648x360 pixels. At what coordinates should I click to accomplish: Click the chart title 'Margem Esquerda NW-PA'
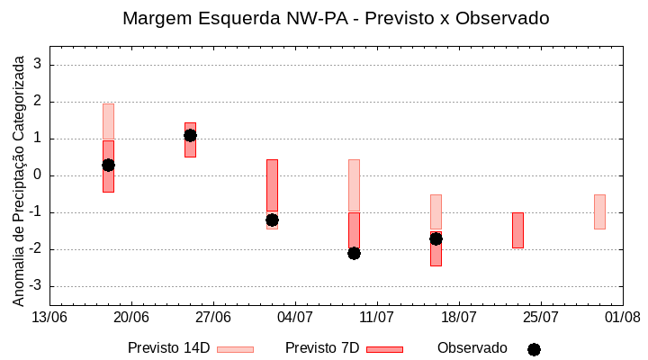(335, 18)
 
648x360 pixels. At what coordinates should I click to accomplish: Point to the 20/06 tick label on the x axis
(131, 318)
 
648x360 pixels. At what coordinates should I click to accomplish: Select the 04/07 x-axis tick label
(295, 318)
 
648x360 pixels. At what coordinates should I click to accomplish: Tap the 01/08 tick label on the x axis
(622, 318)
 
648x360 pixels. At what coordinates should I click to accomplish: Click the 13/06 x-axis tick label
(49, 318)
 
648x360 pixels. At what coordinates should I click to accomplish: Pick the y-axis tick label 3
(39, 65)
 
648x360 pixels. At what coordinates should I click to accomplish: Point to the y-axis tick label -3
(36, 286)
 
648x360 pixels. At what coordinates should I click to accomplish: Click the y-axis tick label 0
(39, 175)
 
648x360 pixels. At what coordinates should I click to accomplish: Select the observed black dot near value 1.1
(190, 135)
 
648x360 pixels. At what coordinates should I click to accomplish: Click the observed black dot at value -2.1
(354, 253)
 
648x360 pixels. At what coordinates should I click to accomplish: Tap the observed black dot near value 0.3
(108, 165)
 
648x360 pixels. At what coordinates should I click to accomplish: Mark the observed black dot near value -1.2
(272, 220)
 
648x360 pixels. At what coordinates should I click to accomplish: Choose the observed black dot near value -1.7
(436, 238)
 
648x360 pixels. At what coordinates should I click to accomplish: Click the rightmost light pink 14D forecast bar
(599, 211)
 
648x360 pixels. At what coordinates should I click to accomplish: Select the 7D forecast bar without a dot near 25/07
(517, 229)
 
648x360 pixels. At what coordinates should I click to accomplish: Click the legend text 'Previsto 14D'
(168, 348)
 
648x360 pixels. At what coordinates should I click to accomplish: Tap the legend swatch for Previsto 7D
(384, 349)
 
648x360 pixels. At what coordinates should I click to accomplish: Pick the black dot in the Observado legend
(534, 349)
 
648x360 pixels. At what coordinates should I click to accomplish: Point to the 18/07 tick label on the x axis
(459, 318)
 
